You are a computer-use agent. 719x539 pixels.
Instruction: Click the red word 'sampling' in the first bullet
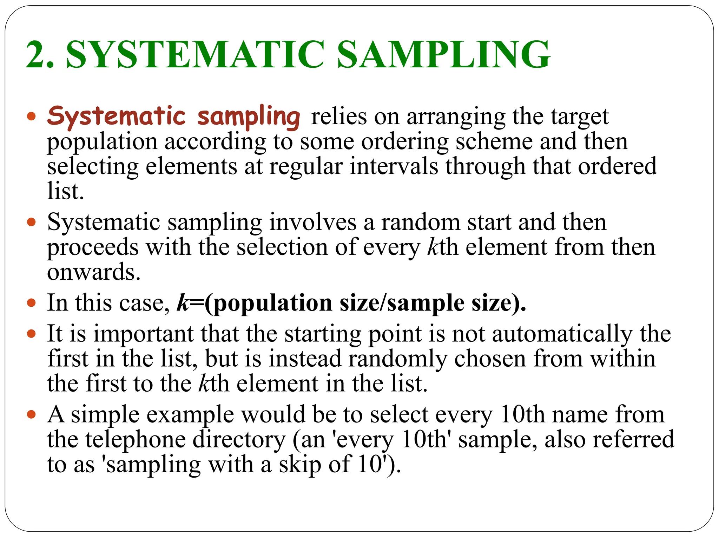[249, 117]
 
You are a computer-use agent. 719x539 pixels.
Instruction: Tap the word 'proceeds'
[93, 247]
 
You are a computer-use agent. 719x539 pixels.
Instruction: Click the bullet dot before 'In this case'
[32, 302]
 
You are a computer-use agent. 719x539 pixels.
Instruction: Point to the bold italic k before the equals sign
[183, 302]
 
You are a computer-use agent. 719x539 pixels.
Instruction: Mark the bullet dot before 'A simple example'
[32, 414]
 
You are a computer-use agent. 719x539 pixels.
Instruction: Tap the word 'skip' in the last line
[300, 465]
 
